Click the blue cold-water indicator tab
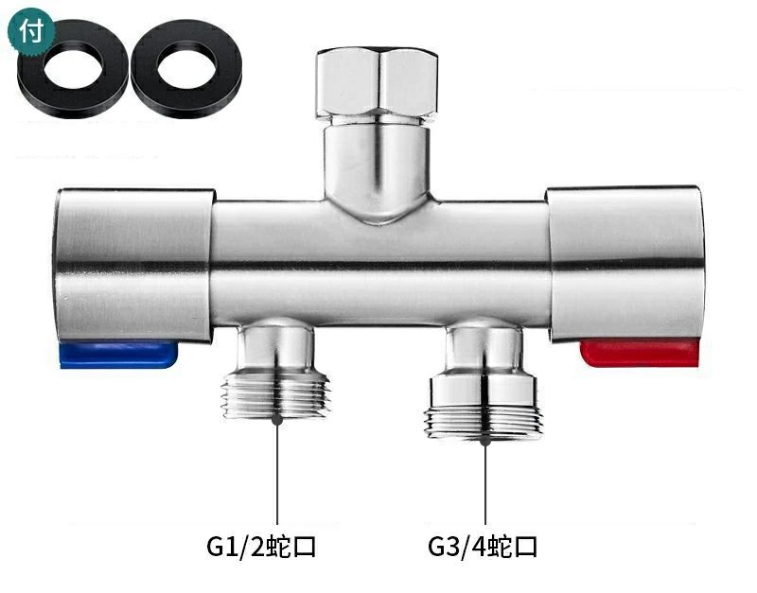118,355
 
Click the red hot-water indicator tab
640,352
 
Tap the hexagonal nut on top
378,82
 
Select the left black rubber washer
73,68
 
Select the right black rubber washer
186,68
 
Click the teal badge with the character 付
31,30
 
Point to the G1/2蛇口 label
261,548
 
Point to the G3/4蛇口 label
483,548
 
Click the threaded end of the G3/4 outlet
484,423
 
